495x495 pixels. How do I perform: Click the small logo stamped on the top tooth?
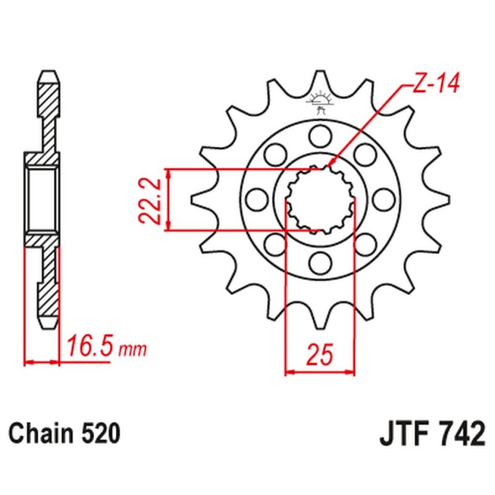320,101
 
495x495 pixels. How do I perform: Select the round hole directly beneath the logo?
320,134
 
